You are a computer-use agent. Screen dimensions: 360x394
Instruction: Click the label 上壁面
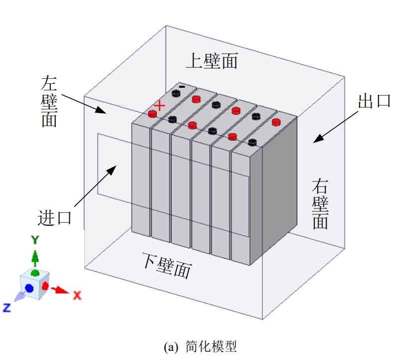tap(211, 61)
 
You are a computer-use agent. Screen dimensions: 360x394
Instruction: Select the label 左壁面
tap(49, 102)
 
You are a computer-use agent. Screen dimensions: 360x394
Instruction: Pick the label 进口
tap(55, 217)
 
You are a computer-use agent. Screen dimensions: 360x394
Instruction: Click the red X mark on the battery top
tap(159, 105)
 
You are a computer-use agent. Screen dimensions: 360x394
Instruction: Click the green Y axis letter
tap(35, 240)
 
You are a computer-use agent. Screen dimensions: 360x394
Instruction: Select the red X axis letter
tap(77, 295)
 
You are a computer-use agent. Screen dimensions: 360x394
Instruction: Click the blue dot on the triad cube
tap(29, 288)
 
